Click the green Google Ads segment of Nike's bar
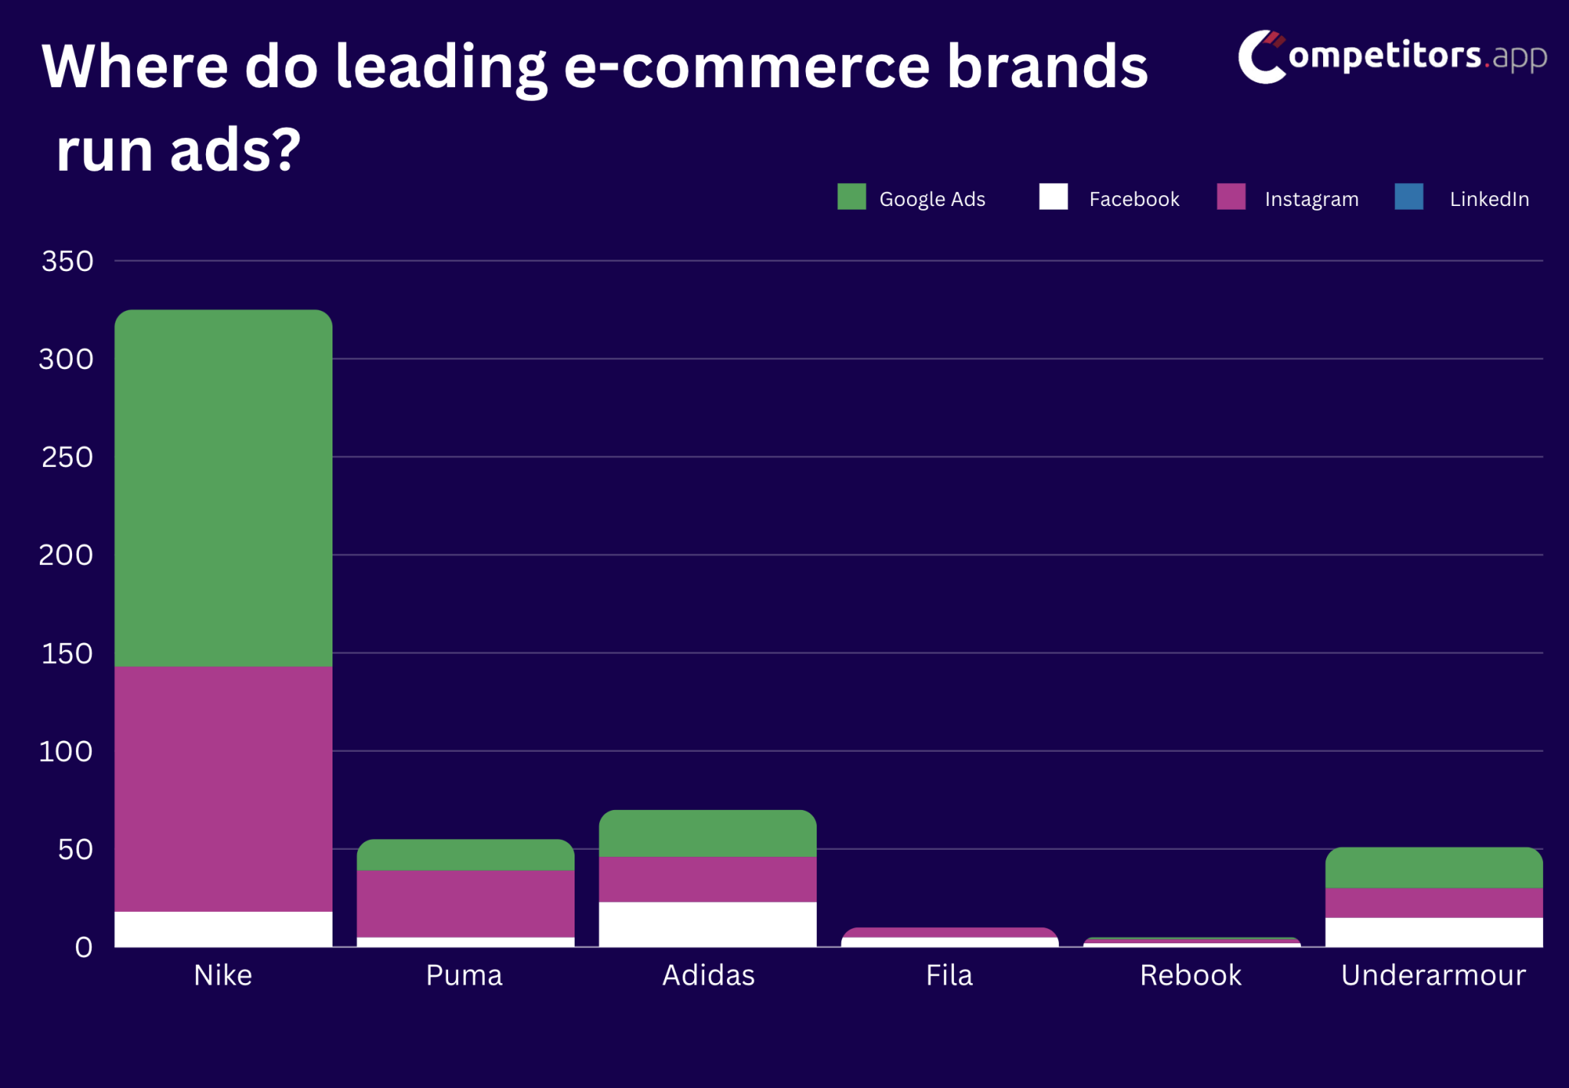[x=223, y=488]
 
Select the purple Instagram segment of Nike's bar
[x=223, y=789]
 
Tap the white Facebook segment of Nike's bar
[x=223, y=929]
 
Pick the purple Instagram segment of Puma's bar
[x=465, y=903]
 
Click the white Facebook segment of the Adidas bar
[x=707, y=924]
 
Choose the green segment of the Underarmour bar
[x=1433, y=867]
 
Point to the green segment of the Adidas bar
[x=707, y=833]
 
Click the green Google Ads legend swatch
[x=851, y=197]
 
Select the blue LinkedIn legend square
[x=1409, y=197]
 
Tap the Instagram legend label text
[x=1311, y=199]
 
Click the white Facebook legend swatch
[x=1053, y=197]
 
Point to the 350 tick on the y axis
[x=67, y=261]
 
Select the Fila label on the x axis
[x=949, y=975]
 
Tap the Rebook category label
[x=1190, y=975]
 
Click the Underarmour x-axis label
[x=1433, y=975]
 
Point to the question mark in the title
[x=286, y=150]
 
